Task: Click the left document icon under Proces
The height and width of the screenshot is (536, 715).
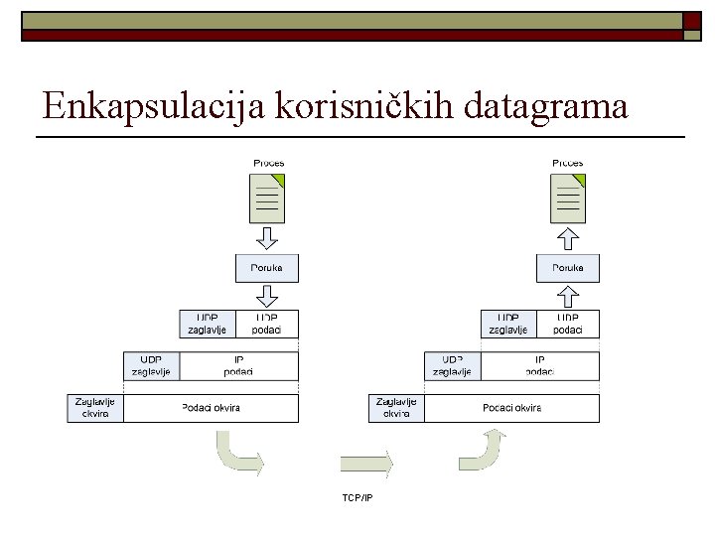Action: pyautogui.click(x=267, y=199)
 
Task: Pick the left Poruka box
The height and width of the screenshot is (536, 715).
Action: pyautogui.click(x=267, y=268)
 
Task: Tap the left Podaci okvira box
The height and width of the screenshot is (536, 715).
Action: pyautogui.click(x=211, y=408)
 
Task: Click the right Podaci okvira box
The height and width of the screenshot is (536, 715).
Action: pyautogui.click(x=512, y=408)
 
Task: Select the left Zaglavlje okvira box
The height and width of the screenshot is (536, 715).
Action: pyautogui.click(x=95, y=408)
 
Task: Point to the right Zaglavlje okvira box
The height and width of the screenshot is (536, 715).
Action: pyautogui.click(x=396, y=408)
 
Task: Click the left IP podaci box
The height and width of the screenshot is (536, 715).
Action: pyautogui.click(x=238, y=365)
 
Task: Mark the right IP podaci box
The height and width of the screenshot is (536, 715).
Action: pyautogui.click(x=540, y=365)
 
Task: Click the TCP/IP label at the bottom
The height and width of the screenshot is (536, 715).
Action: pyautogui.click(x=357, y=497)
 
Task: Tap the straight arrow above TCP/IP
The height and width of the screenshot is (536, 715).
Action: pyautogui.click(x=365, y=462)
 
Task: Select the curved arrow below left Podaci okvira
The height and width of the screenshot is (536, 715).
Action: pyautogui.click(x=237, y=454)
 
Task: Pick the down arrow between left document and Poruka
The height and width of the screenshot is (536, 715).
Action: pyautogui.click(x=267, y=239)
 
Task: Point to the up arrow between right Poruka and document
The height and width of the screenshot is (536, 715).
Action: pyautogui.click(x=568, y=239)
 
